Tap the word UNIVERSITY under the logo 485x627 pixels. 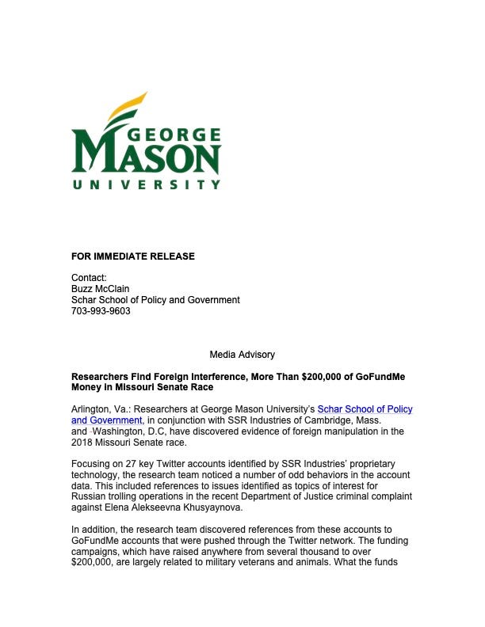click(x=146, y=184)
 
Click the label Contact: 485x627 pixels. click(x=89, y=278)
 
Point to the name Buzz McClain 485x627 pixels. click(x=100, y=289)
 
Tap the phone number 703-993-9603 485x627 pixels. click(x=101, y=311)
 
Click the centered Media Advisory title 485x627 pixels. click(x=242, y=355)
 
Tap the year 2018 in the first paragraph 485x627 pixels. click(x=82, y=443)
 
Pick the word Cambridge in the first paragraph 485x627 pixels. click(x=312, y=420)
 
